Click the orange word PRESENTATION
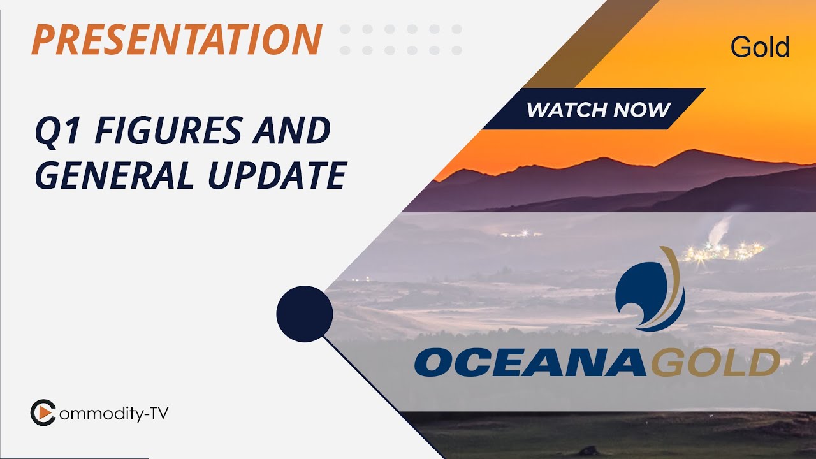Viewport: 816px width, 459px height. coord(177,39)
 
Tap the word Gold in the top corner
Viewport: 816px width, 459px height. coord(760,47)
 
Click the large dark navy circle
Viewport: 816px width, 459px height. coord(305,314)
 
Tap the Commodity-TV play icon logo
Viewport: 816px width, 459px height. coord(43,412)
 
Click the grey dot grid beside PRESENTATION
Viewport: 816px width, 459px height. coord(401,40)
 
